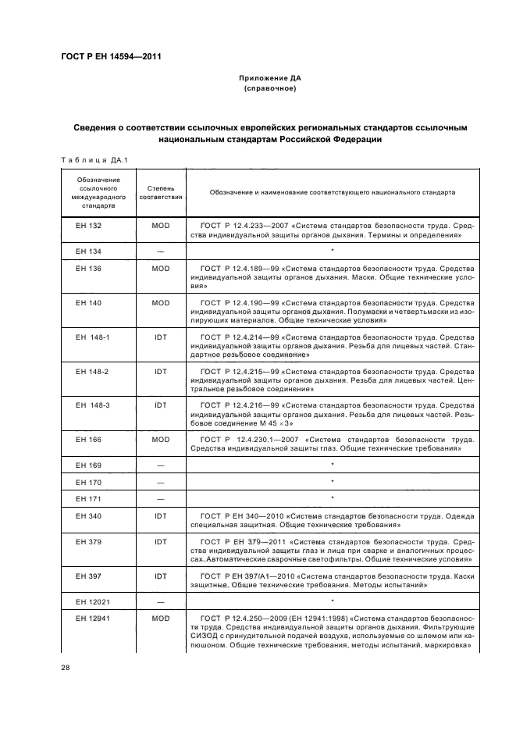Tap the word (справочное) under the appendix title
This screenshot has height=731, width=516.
269,89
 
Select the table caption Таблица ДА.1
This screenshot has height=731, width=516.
94,160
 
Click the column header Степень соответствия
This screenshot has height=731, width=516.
161,192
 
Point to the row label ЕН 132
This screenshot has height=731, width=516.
88,225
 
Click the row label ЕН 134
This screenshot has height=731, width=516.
88,251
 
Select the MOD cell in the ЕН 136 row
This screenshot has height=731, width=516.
161,268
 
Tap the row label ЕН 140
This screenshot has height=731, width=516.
88,301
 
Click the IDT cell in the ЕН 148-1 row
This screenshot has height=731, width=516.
161,336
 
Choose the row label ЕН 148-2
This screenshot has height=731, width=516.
92,370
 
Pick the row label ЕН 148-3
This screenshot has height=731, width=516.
92,405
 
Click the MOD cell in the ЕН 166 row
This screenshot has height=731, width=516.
161,439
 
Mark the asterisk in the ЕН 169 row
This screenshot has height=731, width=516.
333,465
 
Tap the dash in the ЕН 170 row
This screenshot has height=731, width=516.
161,482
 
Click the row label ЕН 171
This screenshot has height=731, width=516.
88,498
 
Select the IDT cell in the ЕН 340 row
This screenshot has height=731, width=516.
161,515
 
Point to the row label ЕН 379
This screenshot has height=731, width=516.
88,540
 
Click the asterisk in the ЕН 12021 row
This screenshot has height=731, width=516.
333,601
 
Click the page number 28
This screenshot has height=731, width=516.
65,667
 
